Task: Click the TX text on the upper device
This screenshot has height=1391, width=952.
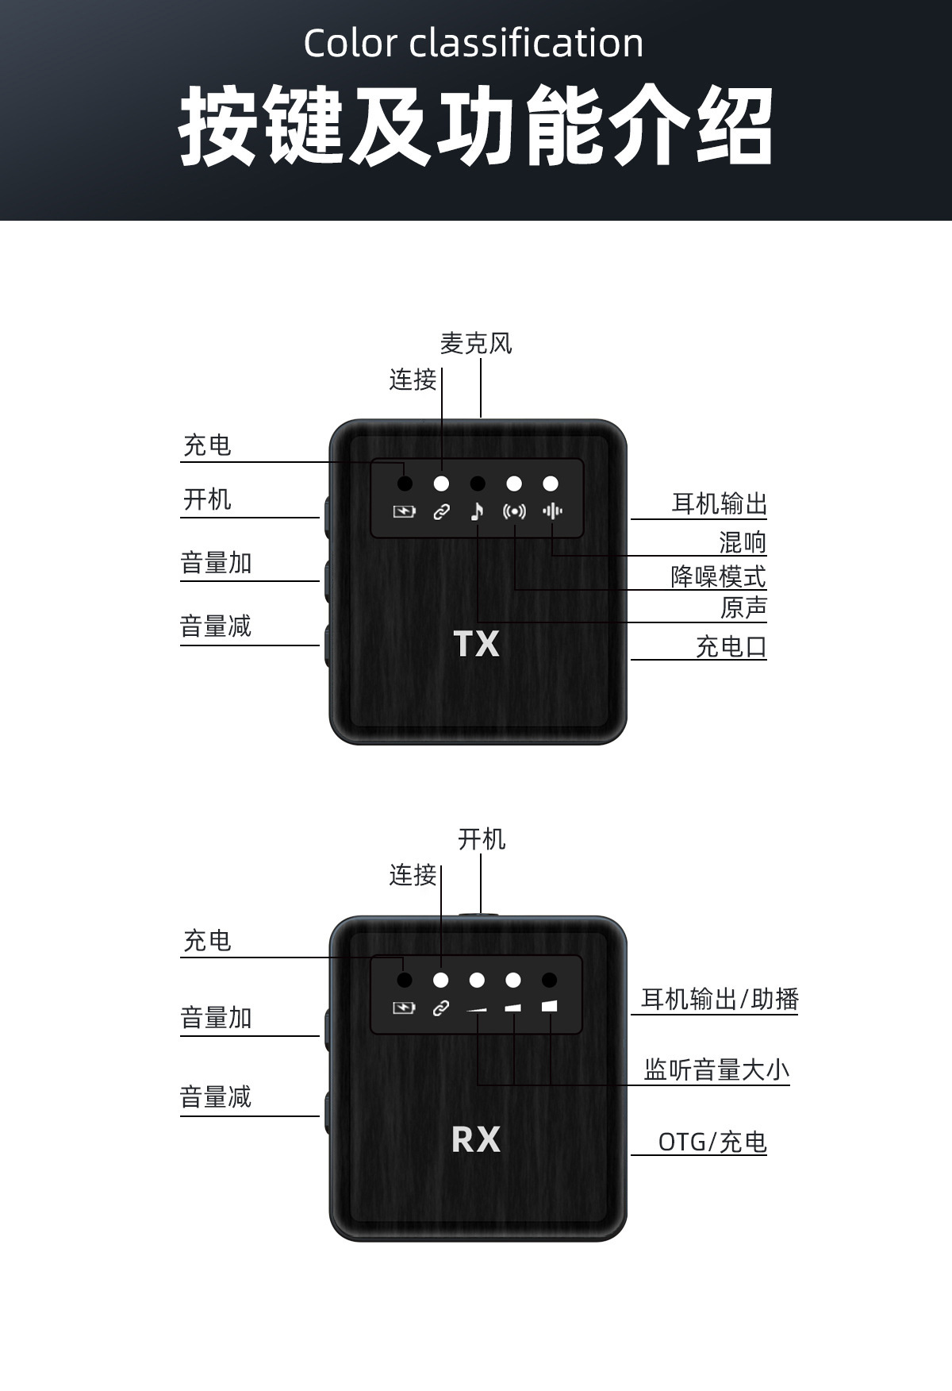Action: pyautogui.click(x=476, y=644)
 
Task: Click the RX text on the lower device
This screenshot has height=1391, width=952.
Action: pyautogui.click(x=476, y=1139)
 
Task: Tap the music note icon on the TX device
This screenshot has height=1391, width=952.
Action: pyautogui.click(x=477, y=511)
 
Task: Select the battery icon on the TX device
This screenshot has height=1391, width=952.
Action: pyautogui.click(x=405, y=512)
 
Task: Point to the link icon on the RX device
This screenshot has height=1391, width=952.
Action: pyautogui.click(x=440, y=1008)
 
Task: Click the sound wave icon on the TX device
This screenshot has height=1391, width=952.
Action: pyautogui.click(x=552, y=511)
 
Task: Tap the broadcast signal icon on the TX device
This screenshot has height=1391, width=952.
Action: pyautogui.click(x=514, y=511)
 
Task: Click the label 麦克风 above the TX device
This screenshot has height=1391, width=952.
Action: pyautogui.click(x=476, y=344)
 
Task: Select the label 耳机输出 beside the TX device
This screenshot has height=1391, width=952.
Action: pyautogui.click(x=719, y=503)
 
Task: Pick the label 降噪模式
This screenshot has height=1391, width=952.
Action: pyautogui.click(x=718, y=576)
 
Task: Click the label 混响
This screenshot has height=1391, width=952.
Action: pyautogui.click(x=743, y=542)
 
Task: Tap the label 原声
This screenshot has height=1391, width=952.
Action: pyautogui.click(x=743, y=608)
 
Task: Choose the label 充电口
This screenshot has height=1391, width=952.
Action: pyautogui.click(x=731, y=646)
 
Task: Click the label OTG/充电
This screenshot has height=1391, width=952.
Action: pyautogui.click(x=712, y=1142)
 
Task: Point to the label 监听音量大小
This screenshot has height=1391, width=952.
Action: pyautogui.click(x=716, y=1070)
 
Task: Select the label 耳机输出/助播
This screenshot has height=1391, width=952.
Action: pyautogui.click(x=720, y=999)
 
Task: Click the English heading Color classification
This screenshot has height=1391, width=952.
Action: pyautogui.click(x=474, y=43)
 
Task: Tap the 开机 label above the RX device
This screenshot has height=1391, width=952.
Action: pyautogui.click(x=482, y=839)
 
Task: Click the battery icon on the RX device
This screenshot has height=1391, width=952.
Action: pyautogui.click(x=405, y=1008)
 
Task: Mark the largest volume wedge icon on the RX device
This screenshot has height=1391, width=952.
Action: pyautogui.click(x=550, y=1007)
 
